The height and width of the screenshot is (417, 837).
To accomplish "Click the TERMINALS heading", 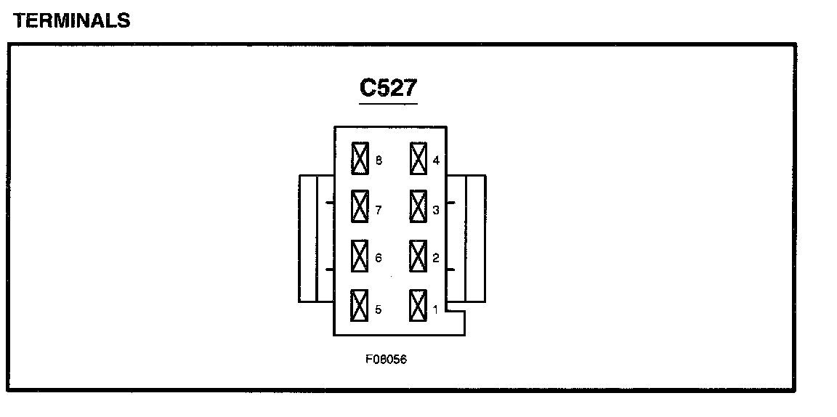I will pos(71,21).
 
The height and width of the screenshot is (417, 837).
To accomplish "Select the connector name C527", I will pos(389,88).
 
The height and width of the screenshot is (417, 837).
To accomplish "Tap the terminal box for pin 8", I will pos(360,158).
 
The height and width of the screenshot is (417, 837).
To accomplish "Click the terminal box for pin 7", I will pos(360,207).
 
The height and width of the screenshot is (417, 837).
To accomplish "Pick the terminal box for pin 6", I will pos(360,256).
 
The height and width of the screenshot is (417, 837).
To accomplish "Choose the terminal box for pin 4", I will pos(418,158).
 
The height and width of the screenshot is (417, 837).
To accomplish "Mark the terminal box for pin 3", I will pos(418,207).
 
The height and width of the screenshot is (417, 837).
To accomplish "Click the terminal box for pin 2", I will pos(418,256).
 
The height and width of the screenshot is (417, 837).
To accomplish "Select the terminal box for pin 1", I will pos(418,305).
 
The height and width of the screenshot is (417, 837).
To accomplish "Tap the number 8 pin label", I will pos(379,161).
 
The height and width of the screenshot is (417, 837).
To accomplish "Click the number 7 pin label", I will pos(379,211).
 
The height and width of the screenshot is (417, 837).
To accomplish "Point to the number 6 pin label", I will pos(379,258).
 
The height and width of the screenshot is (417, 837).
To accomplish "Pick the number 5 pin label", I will pos(379,310).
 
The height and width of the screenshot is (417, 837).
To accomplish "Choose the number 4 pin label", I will pos(436,161).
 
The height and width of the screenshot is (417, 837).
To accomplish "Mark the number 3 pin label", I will pos(436,211).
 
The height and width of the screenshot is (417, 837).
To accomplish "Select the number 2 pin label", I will pos(436,258).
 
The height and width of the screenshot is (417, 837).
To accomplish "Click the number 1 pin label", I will pos(436,310).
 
